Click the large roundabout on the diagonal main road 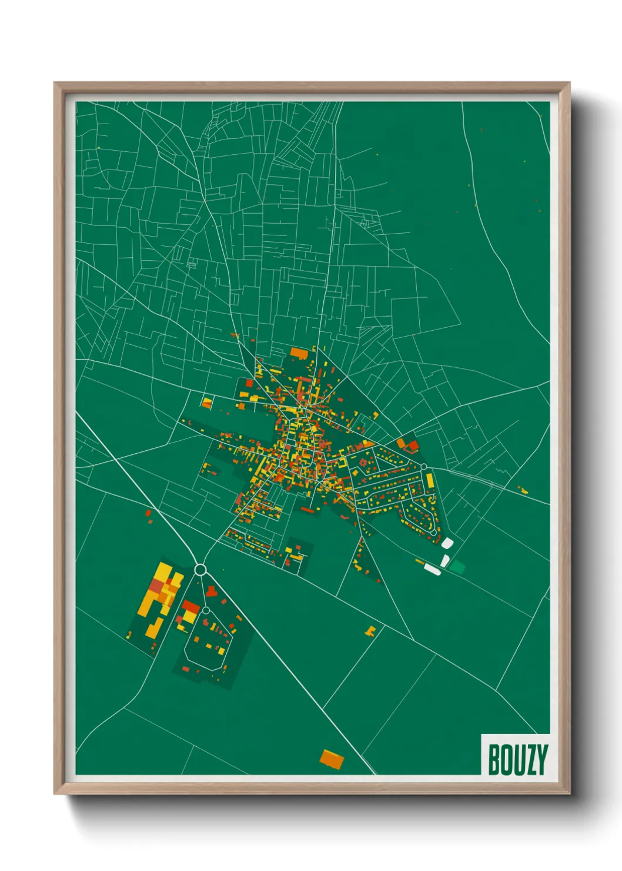(x=200, y=569)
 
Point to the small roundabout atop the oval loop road (x=206, y=610)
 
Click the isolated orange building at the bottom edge (x=332, y=759)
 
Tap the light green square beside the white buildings (x=457, y=567)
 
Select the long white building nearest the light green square (x=433, y=569)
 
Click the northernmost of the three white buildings (x=447, y=542)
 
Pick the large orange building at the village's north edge (x=299, y=353)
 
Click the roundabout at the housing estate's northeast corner (x=423, y=467)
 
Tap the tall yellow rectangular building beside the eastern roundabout (x=430, y=481)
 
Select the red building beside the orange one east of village (x=412, y=446)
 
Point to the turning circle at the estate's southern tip (x=433, y=532)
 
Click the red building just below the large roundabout (x=211, y=590)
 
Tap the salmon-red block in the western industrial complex (x=156, y=586)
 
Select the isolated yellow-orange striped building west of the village (x=206, y=403)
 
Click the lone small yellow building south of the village (x=370, y=631)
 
